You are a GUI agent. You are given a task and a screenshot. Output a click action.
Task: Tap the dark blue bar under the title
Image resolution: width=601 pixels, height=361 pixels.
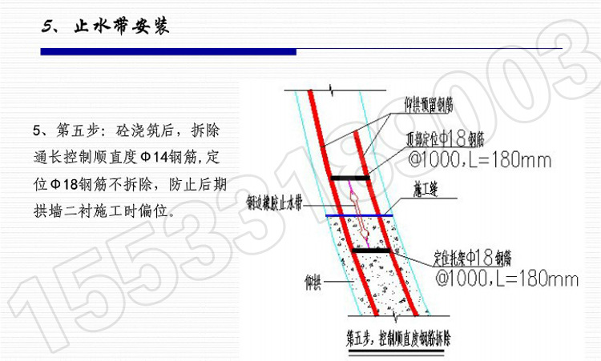pyautogui.click(x=168, y=52)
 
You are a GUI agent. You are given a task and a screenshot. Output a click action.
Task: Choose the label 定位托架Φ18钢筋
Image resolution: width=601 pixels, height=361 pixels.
pyautogui.click(x=466, y=258)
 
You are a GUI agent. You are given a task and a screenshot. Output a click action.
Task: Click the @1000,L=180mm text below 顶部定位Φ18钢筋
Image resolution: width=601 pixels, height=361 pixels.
pyautogui.click(x=479, y=161)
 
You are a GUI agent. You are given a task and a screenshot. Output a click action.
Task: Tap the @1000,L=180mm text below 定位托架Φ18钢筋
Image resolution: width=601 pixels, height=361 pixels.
pyautogui.click(x=506, y=279)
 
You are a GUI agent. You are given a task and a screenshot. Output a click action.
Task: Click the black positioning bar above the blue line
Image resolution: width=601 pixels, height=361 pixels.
pyautogui.click(x=351, y=177)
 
